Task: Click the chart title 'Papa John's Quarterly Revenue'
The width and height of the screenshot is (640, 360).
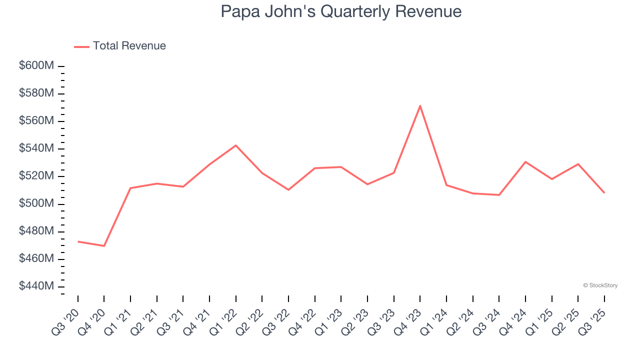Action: coord(341,11)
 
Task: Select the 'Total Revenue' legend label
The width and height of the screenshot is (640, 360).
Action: coord(129,46)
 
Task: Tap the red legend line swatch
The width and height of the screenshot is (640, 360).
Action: coord(81,46)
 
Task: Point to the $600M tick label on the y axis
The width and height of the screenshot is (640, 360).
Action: coord(36,66)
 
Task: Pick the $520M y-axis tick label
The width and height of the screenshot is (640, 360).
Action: coord(36,176)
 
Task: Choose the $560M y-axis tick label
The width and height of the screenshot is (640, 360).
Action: coord(36,121)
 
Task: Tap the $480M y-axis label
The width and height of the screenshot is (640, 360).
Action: coord(36,231)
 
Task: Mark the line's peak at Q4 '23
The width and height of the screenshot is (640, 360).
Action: coord(420,105)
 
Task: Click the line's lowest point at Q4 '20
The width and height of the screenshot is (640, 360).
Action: coord(104,246)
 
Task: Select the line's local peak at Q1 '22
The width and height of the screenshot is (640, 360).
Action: coord(236,145)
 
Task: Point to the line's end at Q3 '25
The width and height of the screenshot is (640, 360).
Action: coord(604,193)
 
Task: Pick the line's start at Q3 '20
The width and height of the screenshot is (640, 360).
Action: coord(78,241)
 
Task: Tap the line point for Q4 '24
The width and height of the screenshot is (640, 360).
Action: coord(525,161)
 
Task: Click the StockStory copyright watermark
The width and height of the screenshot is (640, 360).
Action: coord(600,285)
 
